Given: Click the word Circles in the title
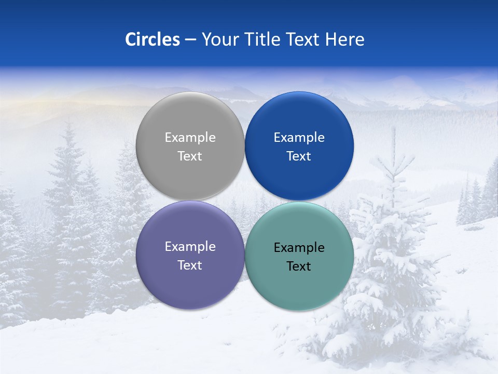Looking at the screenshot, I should tap(152, 39).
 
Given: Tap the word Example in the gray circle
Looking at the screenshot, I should tap(190, 138).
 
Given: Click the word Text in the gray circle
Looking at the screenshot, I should tap(190, 156).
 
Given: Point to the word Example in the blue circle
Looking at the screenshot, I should tap(299, 138).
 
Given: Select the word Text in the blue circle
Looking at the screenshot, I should tap(299, 156).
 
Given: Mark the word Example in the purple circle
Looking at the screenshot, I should tap(190, 247).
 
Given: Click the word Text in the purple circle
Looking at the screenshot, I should tap(190, 265).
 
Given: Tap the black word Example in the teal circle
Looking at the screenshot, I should tap(299, 248).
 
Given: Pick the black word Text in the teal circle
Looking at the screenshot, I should tap(299, 266).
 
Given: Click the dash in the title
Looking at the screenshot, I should tap(190, 40).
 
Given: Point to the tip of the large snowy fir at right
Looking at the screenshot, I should tap(394, 129).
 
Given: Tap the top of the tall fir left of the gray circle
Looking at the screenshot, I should tap(68, 123).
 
